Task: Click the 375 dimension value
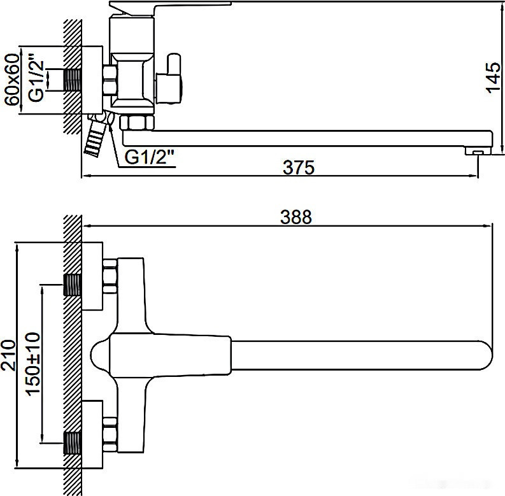coord(299,167)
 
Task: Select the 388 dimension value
coord(296,216)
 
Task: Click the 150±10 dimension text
coord(32,364)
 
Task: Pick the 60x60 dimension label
coord(11,81)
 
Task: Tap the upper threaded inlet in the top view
coord(73,285)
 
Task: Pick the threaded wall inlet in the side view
coord(73,81)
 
